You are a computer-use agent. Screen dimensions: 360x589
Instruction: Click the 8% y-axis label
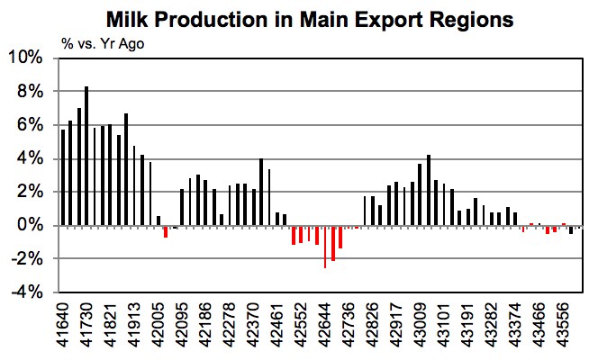pos(30,91)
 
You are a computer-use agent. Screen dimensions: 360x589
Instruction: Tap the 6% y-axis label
pos(30,125)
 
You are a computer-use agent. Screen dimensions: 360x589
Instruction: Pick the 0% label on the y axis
pos(30,226)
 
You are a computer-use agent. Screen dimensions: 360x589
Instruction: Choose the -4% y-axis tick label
pos(28,292)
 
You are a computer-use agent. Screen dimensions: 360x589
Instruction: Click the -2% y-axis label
pos(28,259)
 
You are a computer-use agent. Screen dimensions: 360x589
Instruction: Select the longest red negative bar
pos(325,247)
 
